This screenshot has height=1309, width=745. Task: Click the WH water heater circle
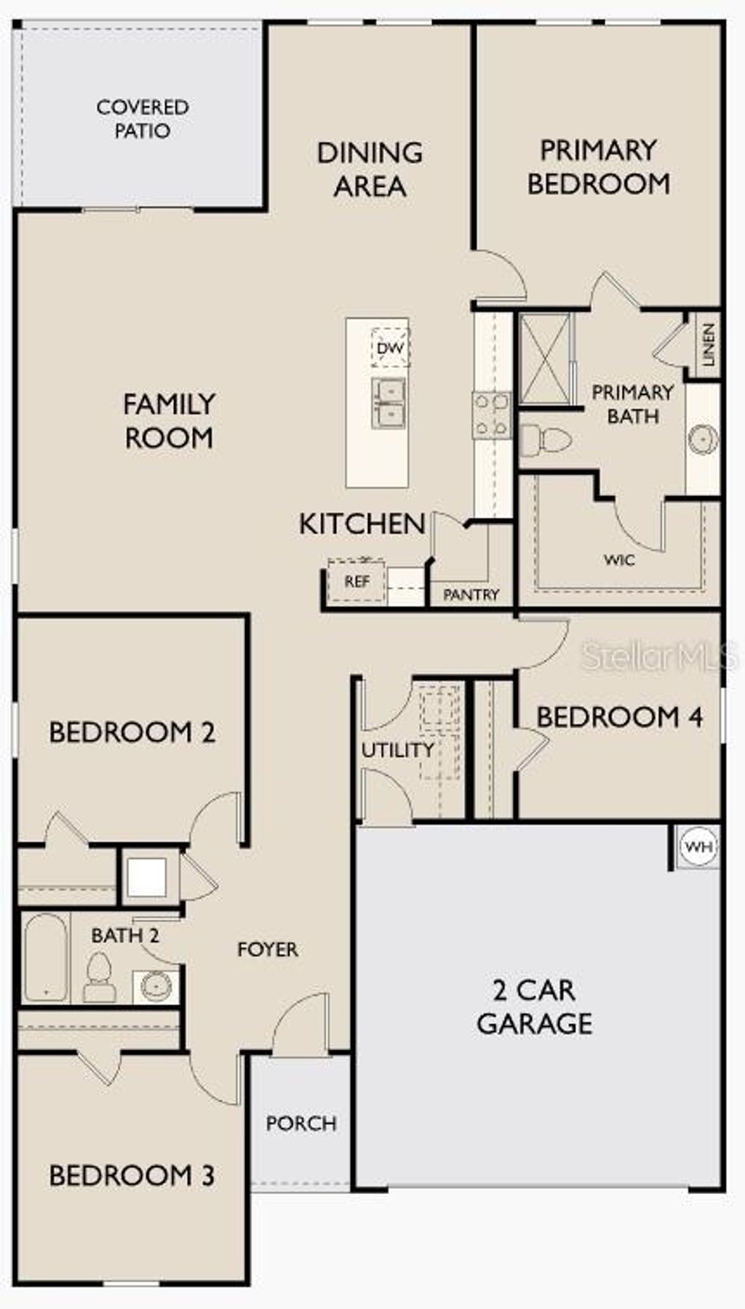699,846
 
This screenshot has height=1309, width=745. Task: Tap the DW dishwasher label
390,348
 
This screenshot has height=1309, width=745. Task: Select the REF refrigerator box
356,581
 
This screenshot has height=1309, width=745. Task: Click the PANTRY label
471,595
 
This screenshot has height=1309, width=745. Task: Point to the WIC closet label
618,560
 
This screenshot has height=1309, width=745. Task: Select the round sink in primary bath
704,439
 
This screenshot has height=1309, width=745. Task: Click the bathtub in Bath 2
46,958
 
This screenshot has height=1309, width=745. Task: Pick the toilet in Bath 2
99,978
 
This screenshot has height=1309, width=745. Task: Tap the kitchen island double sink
389,403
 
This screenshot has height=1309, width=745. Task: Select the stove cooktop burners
491,415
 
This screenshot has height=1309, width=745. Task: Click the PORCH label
301,1124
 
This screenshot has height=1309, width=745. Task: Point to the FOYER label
268,949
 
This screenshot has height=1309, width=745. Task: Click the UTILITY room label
397,750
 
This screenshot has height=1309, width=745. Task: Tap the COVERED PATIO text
143,119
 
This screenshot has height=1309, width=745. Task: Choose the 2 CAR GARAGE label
535,1006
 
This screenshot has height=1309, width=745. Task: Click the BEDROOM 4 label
620,717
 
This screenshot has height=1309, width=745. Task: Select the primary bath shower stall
545,359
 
